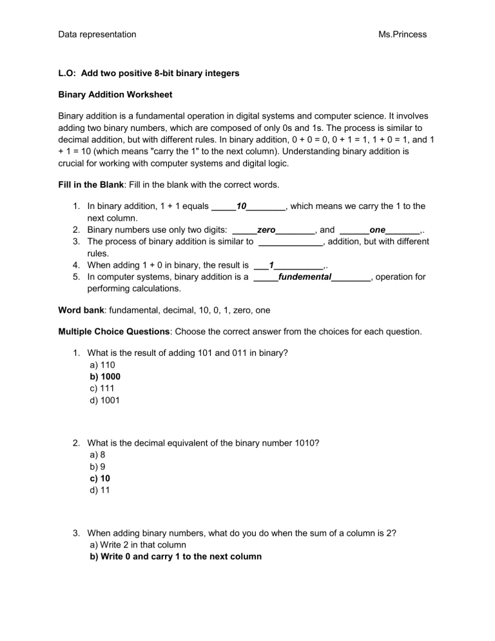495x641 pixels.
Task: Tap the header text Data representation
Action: [97, 34]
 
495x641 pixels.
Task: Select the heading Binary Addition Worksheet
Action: [115, 95]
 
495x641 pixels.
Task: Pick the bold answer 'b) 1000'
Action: [106, 376]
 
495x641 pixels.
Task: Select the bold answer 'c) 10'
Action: [101, 478]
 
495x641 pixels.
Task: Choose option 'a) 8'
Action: [98, 455]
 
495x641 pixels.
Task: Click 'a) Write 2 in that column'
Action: [148, 546]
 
